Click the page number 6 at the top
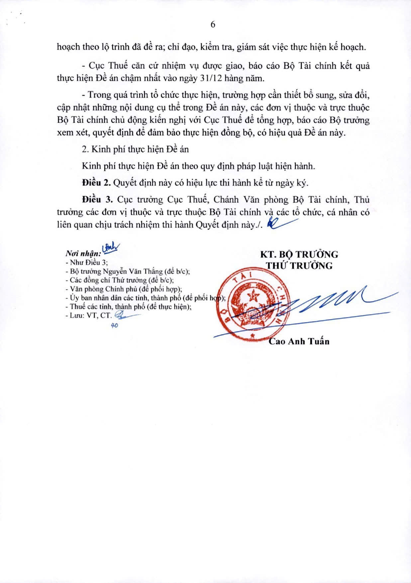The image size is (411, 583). [213, 25]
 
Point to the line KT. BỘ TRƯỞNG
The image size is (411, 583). [299, 254]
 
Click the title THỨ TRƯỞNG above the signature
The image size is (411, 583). [299, 266]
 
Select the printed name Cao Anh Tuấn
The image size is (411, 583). [299, 341]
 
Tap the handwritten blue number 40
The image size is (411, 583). [115, 326]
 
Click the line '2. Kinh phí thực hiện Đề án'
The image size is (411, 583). [135, 149]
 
